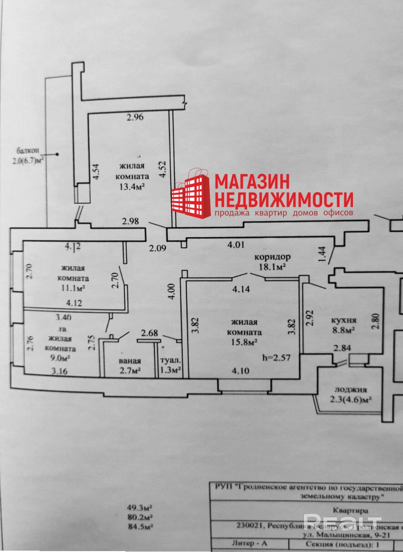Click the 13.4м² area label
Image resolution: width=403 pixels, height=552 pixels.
pos(132,187)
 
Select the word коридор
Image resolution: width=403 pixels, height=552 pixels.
pos(272,257)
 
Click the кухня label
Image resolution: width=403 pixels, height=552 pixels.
pos(343,320)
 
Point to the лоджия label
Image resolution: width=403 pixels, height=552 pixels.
pos(350,389)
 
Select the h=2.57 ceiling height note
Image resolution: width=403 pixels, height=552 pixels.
pos(276,357)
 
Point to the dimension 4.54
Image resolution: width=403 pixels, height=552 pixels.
pos(96,172)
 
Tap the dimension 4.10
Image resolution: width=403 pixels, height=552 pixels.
pos(241,370)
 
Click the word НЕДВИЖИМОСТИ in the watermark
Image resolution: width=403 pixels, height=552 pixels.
pos(284,199)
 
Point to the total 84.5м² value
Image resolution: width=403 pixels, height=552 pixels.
pos(140,527)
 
